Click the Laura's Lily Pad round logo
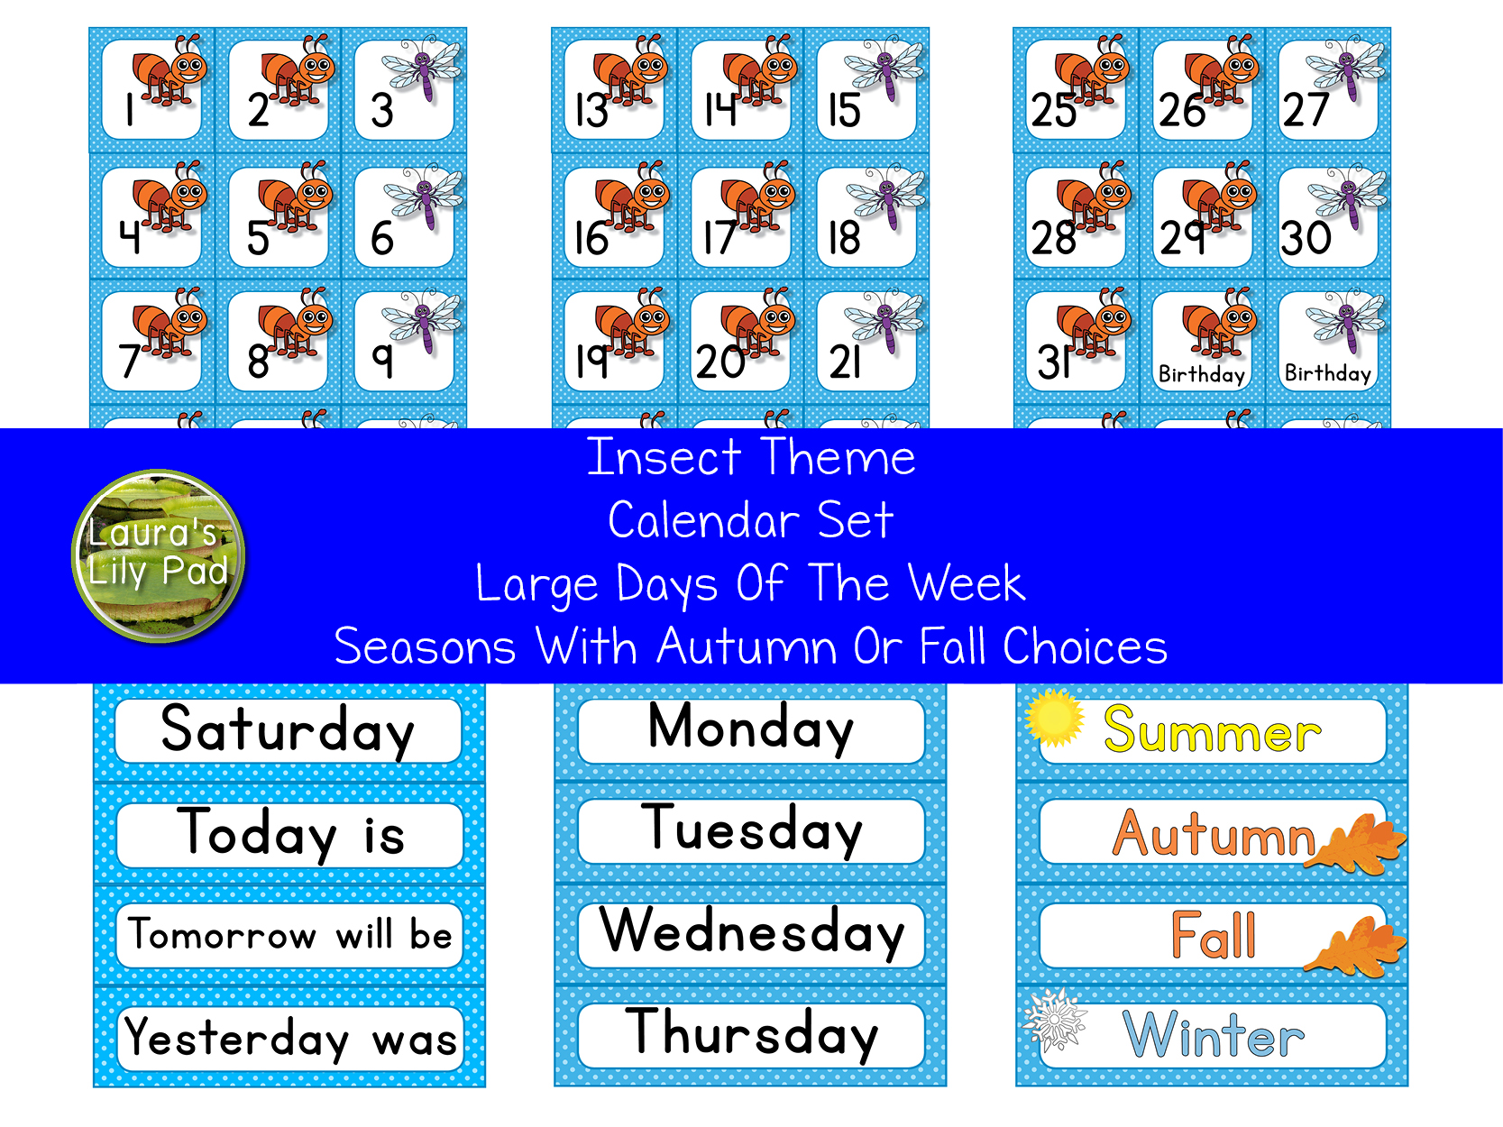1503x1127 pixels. (159, 555)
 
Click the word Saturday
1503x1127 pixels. (288, 730)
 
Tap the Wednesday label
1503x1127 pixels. (751, 932)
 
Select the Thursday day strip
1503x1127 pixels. (751, 1034)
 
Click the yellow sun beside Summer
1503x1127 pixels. (1053, 718)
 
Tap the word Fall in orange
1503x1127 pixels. (1213, 935)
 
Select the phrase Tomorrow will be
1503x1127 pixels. (289, 935)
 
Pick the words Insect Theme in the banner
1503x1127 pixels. (751, 457)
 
